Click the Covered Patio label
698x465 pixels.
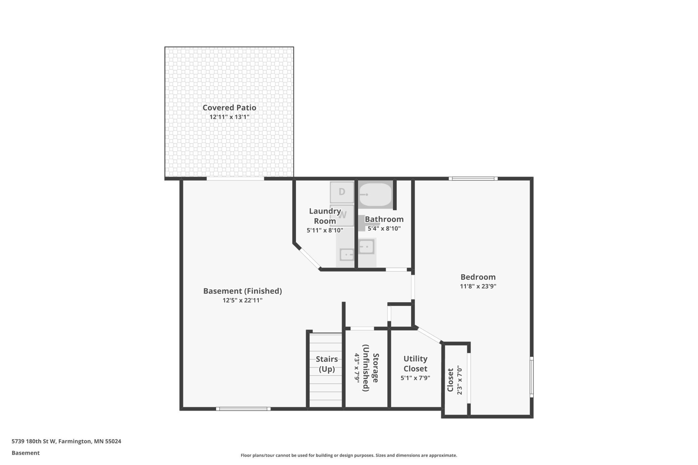click(x=229, y=108)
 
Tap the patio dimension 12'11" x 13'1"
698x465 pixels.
click(x=230, y=117)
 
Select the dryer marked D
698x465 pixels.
click(x=342, y=192)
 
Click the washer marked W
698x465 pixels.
click(x=342, y=215)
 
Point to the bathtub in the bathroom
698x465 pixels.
click(x=376, y=195)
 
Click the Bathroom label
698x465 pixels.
click(x=384, y=219)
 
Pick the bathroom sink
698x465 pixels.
click(x=366, y=247)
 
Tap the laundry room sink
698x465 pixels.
click(x=347, y=255)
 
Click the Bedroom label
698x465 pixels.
click(x=478, y=277)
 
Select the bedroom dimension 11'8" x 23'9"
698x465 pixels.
click(x=478, y=287)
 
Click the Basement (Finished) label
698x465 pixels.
click(x=243, y=291)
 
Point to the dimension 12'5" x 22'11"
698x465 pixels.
click(x=243, y=301)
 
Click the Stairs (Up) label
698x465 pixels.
click(x=327, y=364)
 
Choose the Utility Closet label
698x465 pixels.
click(x=415, y=364)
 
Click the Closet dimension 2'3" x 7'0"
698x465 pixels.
click(x=460, y=380)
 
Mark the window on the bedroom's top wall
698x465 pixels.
click(x=473, y=178)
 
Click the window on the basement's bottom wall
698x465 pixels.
click(x=243, y=409)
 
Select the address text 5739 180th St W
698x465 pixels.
click(x=34, y=442)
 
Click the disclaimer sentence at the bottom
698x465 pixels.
click(x=349, y=456)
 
